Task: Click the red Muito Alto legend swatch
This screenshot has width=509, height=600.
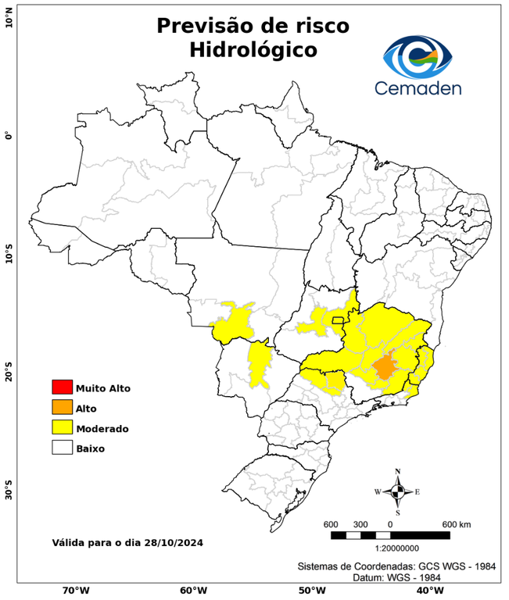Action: point(62,387)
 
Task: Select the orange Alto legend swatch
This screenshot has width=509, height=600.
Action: point(62,408)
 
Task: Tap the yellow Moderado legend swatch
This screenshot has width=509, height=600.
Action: point(62,428)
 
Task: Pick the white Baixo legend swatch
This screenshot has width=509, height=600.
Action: point(62,448)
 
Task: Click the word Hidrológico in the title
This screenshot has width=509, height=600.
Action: point(253,50)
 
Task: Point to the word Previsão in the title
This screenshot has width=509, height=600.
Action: point(205,25)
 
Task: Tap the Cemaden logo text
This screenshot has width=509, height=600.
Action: point(418,87)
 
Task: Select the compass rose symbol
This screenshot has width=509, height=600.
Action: point(397,491)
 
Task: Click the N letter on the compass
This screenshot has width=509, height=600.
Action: point(397,471)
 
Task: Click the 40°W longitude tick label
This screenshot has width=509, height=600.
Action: point(428,591)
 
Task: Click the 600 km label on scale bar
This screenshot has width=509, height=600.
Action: point(456,523)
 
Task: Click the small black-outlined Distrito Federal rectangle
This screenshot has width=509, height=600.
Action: point(339,320)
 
